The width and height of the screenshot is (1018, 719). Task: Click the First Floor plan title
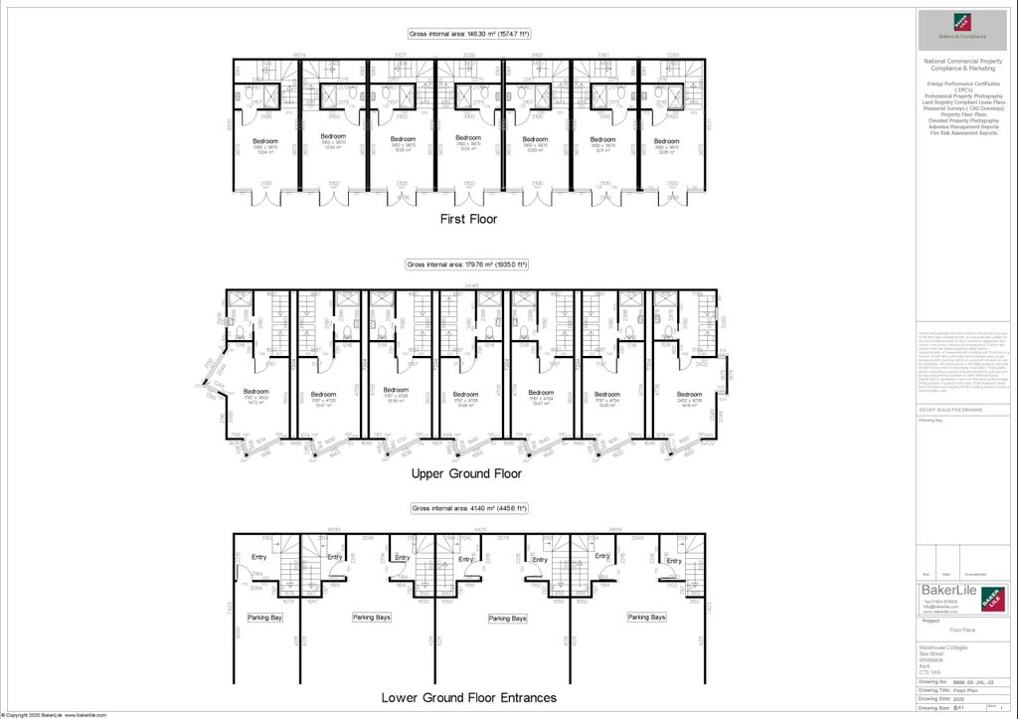coord(469,219)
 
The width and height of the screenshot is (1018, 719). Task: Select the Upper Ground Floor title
coord(466,473)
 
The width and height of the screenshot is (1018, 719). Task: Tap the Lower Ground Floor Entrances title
coord(469,697)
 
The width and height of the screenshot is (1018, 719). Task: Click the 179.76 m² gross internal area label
coord(466,265)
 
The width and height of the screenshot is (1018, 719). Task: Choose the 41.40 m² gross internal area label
coord(469,508)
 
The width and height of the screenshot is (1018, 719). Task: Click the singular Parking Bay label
coord(265,618)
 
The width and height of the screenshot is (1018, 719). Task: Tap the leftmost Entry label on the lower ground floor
coord(259,557)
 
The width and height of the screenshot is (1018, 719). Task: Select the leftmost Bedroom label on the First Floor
coord(266,140)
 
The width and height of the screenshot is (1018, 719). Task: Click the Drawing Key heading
coord(930,420)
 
